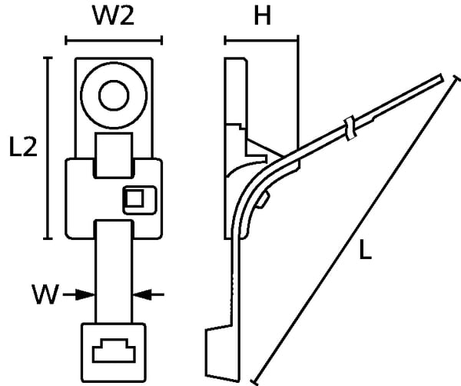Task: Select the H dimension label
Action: pyautogui.click(x=263, y=17)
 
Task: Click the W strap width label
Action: pyautogui.click(x=46, y=294)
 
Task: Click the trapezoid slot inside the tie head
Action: pyautogui.click(x=114, y=351)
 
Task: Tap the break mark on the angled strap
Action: pyautogui.click(x=348, y=128)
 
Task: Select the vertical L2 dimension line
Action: pyautogui.click(x=49, y=148)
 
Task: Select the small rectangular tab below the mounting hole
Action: pyautogui.click(x=114, y=152)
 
